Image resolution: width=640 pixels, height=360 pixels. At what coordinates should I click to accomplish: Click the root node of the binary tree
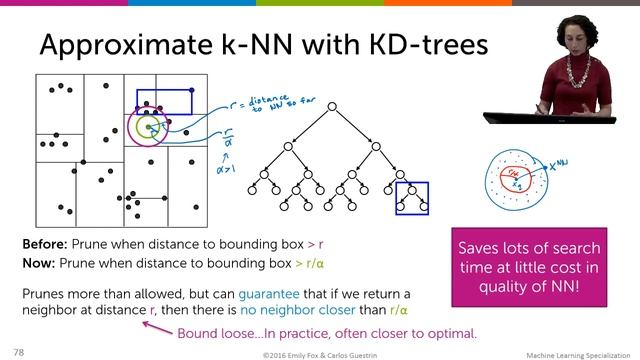330,105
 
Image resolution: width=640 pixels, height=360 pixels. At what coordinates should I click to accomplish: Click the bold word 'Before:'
45,244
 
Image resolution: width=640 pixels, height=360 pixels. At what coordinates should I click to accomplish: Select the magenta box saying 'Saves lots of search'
529,266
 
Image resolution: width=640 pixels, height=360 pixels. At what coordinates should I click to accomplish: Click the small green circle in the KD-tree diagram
150,128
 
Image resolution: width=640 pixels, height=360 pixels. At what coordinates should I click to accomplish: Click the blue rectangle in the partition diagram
164,101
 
